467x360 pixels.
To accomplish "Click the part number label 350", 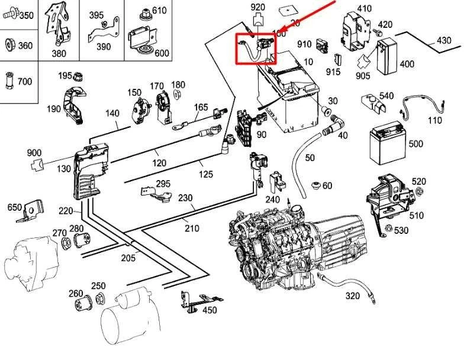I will click(27, 16).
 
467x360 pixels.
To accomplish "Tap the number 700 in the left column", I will click(25, 81).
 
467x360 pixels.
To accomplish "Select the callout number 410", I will click(365, 8).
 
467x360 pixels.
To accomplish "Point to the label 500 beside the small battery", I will click(416, 144).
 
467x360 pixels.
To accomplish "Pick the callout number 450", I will click(209, 310).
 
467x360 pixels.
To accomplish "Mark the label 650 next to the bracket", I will click(14, 207).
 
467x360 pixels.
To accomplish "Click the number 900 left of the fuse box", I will click(34, 153).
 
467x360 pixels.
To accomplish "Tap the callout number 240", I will click(272, 200).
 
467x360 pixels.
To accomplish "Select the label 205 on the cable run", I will click(128, 257).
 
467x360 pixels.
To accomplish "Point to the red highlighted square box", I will click(256, 47).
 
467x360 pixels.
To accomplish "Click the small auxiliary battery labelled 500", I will click(386, 144).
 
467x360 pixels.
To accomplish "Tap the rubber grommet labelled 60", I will click(315, 185).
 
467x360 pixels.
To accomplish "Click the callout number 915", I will click(333, 72).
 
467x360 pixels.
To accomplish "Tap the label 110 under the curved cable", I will click(434, 120).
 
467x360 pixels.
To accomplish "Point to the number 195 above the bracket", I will click(65, 75).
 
